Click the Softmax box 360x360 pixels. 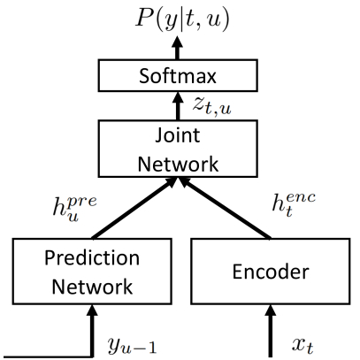pos(178,75)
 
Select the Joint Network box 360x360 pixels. pos(178,149)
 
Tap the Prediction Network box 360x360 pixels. pos(92,272)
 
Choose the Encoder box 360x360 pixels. pos(271,272)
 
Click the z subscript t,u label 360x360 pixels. pos(212,106)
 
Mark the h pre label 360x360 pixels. pos(74,206)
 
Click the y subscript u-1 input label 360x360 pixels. pos(132,345)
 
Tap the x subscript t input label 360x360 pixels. pos(303,345)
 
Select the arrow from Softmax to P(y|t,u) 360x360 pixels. pos(178,48)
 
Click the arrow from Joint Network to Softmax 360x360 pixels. pos(178,106)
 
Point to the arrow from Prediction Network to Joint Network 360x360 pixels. pos(134,208)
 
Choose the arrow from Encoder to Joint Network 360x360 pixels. pos(225,208)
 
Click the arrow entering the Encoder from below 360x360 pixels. pos(271,331)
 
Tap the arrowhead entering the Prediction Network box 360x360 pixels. pos(93,310)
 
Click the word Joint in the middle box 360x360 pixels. pos(178,136)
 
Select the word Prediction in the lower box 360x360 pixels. pos(92,258)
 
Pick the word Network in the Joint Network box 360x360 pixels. pos(178,164)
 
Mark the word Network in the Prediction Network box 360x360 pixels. pos(92,287)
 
